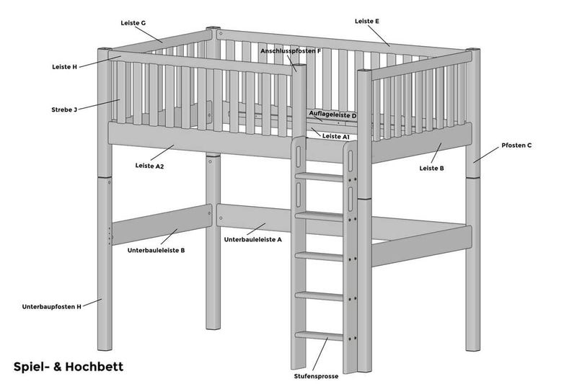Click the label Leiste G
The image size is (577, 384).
pyautogui.click(x=133, y=23)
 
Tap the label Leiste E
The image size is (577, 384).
pyautogui.click(x=367, y=22)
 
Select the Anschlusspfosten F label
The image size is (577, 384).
pyautogui.click(x=291, y=51)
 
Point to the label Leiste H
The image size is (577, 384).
pyautogui.click(x=65, y=67)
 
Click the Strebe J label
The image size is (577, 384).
pyautogui.click(x=64, y=110)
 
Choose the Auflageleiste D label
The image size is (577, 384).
pyautogui.click(x=332, y=115)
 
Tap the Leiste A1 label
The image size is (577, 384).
pyautogui.click(x=335, y=136)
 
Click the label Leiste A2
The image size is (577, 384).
pyautogui.click(x=149, y=166)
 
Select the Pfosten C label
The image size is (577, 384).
pyautogui.click(x=516, y=145)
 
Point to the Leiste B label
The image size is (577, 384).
pyautogui.click(x=431, y=169)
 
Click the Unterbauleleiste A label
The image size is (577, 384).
pyautogui.click(x=253, y=240)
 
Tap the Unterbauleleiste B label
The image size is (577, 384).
pyautogui.click(x=156, y=250)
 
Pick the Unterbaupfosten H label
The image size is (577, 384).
pyautogui.click(x=51, y=306)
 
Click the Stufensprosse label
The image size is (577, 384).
pyautogui.click(x=316, y=376)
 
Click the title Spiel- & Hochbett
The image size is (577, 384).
pyautogui.click(x=69, y=367)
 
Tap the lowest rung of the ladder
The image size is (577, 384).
pyautogui.click(x=319, y=336)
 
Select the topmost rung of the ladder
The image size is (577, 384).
pyautogui.click(x=319, y=177)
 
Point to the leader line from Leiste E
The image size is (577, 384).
pyautogui.click(x=378, y=36)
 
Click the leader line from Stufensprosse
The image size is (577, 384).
pyautogui.click(x=320, y=354)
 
